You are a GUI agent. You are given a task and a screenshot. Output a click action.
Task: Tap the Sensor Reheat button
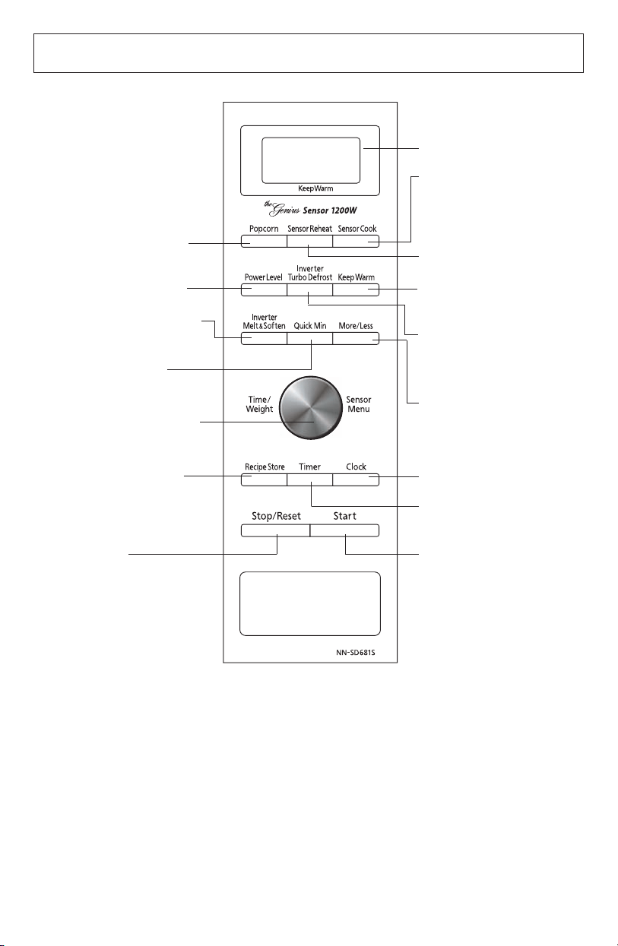(309, 241)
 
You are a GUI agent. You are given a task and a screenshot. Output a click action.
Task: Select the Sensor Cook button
(356, 241)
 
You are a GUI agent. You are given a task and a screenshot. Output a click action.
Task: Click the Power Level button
(264, 289)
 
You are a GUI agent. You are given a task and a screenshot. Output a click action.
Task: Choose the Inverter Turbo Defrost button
(309, 289)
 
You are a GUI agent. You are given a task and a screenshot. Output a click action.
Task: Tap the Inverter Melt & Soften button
(264, 338)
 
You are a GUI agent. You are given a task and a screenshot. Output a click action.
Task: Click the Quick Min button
(309, 338)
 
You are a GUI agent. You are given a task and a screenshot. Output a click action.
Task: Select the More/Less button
(356, 338)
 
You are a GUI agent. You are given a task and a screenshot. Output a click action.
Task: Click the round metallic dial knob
(310, 407)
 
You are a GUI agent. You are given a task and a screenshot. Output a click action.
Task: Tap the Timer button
(309, 479)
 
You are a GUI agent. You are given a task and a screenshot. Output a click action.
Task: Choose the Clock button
(356, 479)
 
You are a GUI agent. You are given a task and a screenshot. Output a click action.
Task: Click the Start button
(344, 530)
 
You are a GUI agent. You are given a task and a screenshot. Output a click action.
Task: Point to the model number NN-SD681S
(356, 653)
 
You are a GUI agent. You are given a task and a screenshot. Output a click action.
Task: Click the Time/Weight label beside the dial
(259, 404)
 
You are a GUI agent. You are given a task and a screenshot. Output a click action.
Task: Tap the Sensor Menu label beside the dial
(359, 404)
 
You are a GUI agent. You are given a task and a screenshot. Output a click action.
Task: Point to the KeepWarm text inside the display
(315, 188)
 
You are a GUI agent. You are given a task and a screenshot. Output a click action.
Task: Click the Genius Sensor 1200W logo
(310, 209)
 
